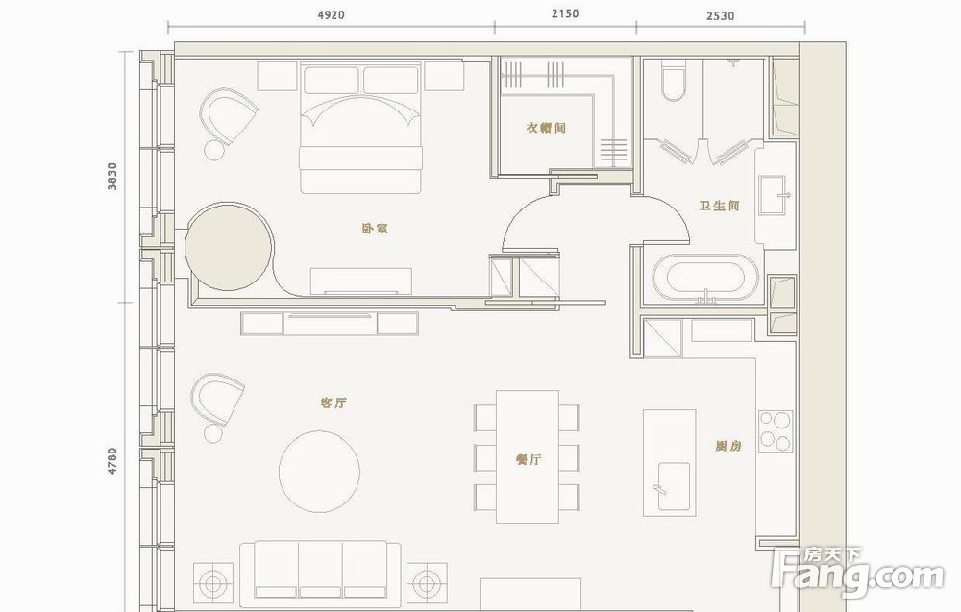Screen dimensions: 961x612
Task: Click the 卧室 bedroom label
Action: pos(375,228)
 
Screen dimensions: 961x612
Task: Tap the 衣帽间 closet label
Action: pos(546,128)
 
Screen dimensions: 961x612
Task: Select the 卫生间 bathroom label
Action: pos(720,206)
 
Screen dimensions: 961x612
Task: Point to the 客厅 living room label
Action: pos(333,403)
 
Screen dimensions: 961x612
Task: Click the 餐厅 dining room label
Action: pos(529,459)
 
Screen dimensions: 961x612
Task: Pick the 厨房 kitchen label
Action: pos(728,446)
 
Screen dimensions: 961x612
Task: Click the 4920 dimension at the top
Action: pos(331,14)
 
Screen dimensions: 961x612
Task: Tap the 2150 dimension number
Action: pos(565,13)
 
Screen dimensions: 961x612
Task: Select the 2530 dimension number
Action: pos(720,16)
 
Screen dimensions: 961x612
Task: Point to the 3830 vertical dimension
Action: pos(111,177)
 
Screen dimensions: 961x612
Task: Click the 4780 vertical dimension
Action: pos(111,461)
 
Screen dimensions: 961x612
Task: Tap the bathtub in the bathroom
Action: pos(704,280)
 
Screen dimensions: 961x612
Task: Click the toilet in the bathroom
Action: pos(673,83)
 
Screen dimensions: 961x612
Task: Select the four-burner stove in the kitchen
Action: pos(776,430)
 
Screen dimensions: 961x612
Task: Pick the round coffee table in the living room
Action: pos(319,471)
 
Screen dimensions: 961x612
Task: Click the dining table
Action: pos(527,457)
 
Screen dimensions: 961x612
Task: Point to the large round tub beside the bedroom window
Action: pos(230,246)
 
